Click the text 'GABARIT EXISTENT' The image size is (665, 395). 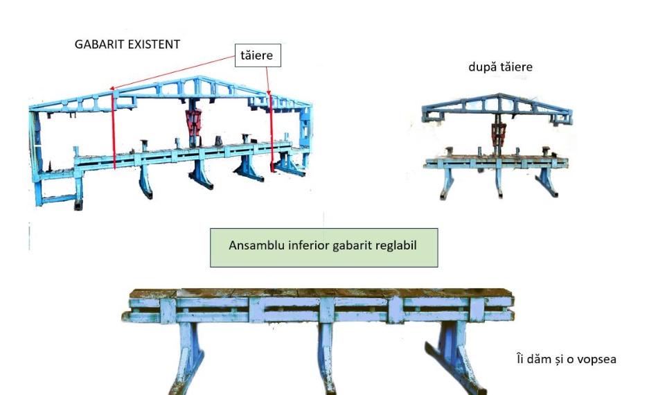point(127,44)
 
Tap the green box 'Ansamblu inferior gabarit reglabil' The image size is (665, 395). point(323,247)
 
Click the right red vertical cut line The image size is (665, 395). point(272,132)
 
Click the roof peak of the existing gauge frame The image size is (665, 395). point(201,77)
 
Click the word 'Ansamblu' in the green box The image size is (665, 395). point(254,247)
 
